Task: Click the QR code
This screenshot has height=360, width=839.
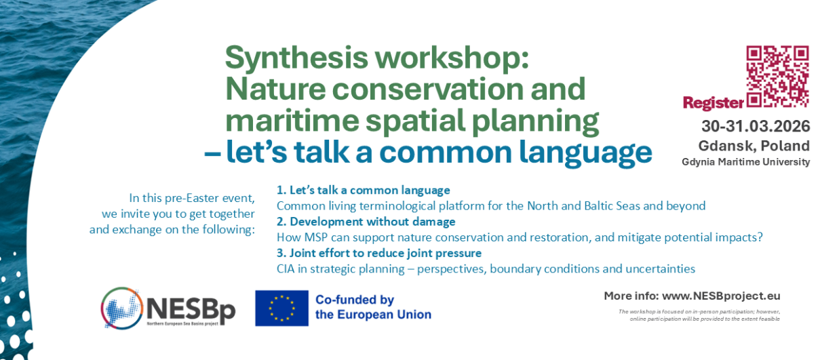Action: click(x=777, y=77)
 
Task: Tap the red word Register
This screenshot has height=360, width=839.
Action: click(x=713, y=103)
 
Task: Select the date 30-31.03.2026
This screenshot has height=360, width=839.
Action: click(x=756, y=126)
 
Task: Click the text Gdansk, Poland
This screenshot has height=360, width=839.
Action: click(x=754, y=146)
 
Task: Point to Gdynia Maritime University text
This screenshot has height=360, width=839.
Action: click(x=745, y=162)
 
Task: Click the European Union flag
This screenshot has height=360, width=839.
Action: click(x=281, y=308)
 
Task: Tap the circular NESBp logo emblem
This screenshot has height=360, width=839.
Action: click(x=121, y=308)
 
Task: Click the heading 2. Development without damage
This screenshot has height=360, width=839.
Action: click(x=366, y=222)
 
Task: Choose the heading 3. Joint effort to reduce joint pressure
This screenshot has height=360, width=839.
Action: click(x=378, y=253)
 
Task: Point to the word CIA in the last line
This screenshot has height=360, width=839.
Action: click(x=286, y=269)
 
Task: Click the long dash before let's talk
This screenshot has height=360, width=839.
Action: click(x=212, y=153)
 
